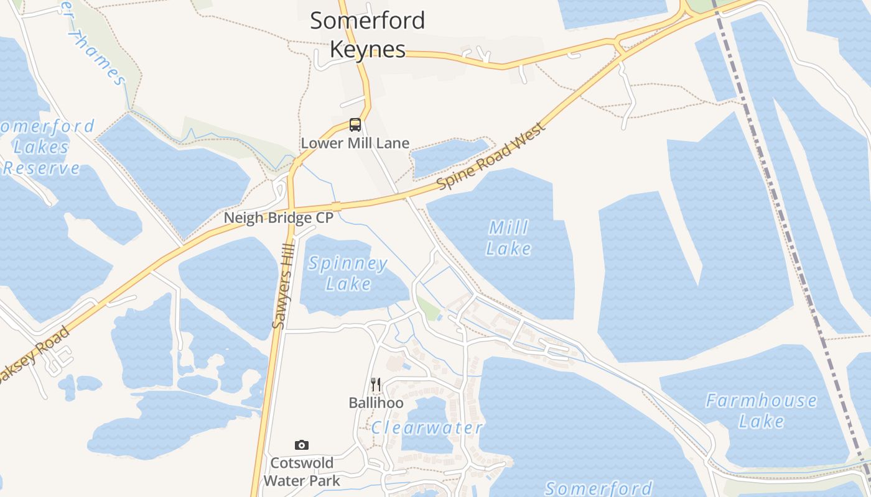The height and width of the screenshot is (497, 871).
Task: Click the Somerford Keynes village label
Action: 367,34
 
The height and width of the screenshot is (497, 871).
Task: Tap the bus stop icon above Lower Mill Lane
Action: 355,125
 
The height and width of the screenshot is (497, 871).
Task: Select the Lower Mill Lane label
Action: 355,143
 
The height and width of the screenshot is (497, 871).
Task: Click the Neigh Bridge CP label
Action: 279,218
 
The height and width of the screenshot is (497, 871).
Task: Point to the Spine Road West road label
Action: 491,157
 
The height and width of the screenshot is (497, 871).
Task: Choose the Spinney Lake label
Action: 348,273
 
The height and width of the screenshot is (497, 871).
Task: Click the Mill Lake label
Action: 508,238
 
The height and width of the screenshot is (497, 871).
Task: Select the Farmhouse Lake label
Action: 761,411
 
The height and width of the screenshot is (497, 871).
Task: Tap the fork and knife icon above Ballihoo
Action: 375,385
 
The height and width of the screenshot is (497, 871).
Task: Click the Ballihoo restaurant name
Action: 376,403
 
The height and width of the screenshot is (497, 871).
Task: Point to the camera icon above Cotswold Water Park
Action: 302,445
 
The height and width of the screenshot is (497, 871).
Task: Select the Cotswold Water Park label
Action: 302,472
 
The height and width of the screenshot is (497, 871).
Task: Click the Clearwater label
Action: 427,427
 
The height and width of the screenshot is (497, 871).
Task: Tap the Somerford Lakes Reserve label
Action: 44,147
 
